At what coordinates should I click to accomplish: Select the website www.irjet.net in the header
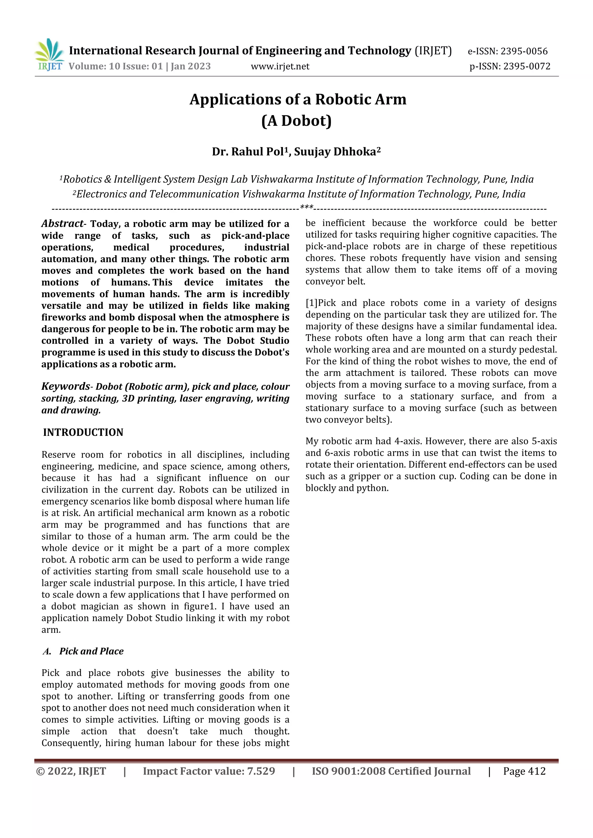tap(280, 67)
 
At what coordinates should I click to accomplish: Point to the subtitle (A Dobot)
tap(296, 121)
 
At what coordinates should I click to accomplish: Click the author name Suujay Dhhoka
tap(335, 151)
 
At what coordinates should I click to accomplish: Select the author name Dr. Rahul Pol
tap(248, 151)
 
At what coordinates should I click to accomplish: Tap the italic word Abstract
tap(62, 223)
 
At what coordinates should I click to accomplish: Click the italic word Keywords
tap(65, 387)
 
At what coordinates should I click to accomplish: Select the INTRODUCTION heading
tap(83, 433)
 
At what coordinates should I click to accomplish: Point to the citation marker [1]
tap(312, 303)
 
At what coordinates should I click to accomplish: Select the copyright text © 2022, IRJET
tap(71, 771)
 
